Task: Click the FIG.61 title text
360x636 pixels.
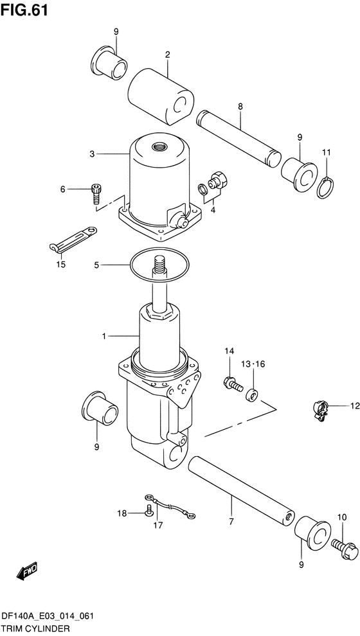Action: (x=24, y=10)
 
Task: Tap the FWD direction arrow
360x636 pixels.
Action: (x=27, y=571)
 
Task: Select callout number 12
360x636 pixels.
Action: (x=355, y=405)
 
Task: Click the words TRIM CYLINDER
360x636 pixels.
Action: (x=35, y=629)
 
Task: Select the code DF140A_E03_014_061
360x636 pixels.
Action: (x=48, y=616)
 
